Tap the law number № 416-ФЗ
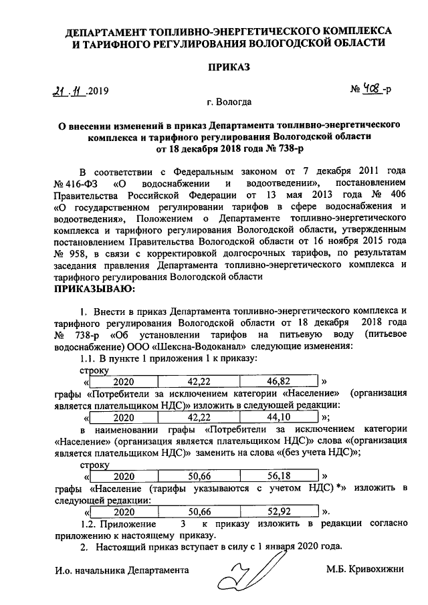tap(77, 184)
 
